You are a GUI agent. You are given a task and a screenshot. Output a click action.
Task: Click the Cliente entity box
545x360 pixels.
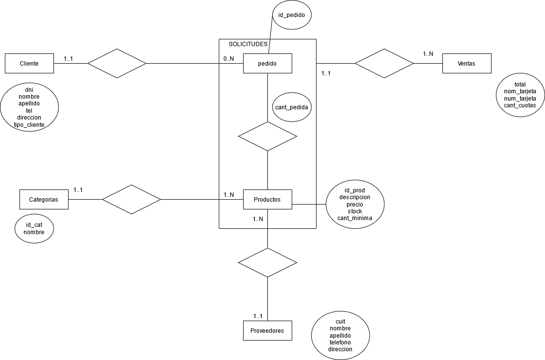tap(29, 63)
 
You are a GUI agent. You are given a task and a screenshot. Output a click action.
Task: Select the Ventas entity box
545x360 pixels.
tap(467, 63)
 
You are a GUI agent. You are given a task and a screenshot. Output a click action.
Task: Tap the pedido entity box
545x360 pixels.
tap(267, 63)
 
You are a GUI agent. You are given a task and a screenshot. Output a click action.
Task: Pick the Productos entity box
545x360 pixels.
tap(267, 199)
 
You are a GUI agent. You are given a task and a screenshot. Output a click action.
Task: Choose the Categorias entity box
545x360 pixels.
tap(44, 199)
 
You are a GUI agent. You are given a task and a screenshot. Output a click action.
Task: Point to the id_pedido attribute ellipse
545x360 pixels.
tap(291, 15)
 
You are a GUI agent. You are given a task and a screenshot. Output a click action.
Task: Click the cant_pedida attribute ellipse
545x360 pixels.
tap(291, 106)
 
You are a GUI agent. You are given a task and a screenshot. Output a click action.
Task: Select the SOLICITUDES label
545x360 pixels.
tap(248, 44)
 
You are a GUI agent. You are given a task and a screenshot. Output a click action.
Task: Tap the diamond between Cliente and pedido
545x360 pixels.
tap(117, 63)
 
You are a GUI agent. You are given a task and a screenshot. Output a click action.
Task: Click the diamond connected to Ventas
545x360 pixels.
tap(384, 63)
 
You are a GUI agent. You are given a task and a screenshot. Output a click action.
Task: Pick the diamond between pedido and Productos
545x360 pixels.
tap(267, 136)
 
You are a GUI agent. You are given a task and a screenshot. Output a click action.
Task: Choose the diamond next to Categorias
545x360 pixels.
tap(131, 199)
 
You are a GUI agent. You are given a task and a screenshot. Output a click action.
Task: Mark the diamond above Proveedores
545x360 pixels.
tap(267, 262)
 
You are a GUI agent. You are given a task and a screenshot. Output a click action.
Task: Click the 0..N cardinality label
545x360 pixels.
tap(229, 59)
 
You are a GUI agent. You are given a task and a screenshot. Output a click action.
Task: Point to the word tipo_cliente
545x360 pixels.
tap(29, 125)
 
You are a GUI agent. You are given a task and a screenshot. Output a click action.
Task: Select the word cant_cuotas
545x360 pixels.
tap(520, 105)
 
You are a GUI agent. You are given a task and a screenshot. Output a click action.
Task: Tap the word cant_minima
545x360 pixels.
tap(355, 218)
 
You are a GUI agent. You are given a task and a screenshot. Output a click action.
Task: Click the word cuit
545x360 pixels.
tap(340, 322)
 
